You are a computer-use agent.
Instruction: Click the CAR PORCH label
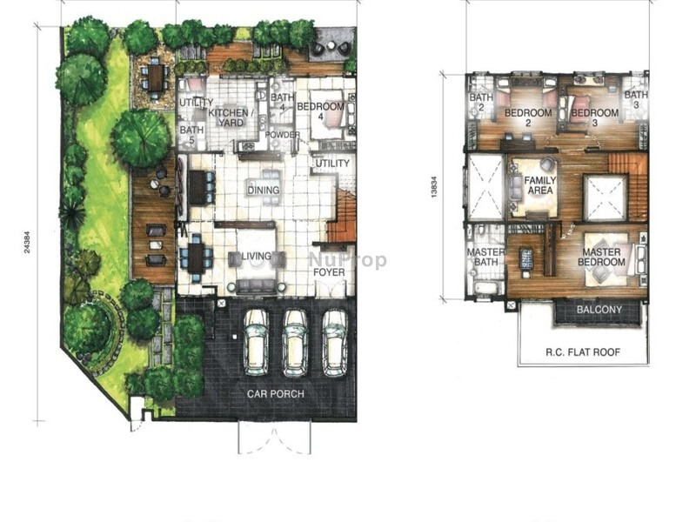(276, 394)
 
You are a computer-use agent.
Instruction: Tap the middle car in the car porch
(295, 334)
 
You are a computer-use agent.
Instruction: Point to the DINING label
(263, 191)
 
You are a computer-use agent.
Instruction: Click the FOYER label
(331, 272)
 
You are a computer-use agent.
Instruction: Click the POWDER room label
(283, 136)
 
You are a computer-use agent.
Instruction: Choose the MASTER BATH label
(481, 258)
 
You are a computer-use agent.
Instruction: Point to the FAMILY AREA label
(539, 185)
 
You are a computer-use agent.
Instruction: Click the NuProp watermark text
(348, 260)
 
